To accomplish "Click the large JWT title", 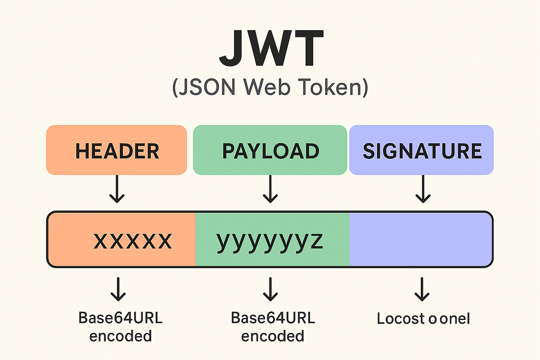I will [270, 48].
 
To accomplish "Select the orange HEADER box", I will [117, 150].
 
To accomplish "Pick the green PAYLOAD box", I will [270, 150].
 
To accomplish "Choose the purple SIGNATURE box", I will [422, 150].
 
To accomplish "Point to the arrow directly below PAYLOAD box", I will [270, 189].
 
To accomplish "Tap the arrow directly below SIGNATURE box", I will [422, 189].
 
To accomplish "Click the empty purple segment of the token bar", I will [421, 239].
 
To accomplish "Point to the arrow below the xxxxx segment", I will [118, 289].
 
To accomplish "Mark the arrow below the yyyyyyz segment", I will [270, 289].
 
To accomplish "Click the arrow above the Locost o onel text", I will [422, 289].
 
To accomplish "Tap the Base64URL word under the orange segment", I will [121, 318].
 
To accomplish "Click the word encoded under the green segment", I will [273, 336].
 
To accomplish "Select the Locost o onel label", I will [423, 319].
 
